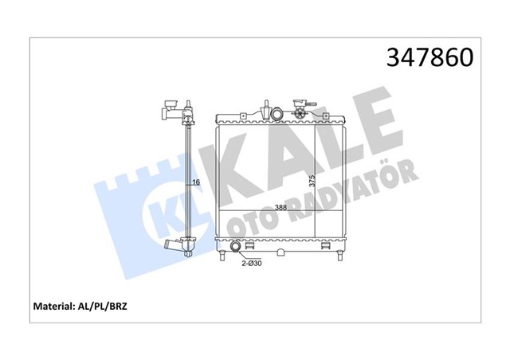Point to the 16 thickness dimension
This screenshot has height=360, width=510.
(x=197, y=183)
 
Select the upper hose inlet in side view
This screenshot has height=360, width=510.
(x=169, y=108)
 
